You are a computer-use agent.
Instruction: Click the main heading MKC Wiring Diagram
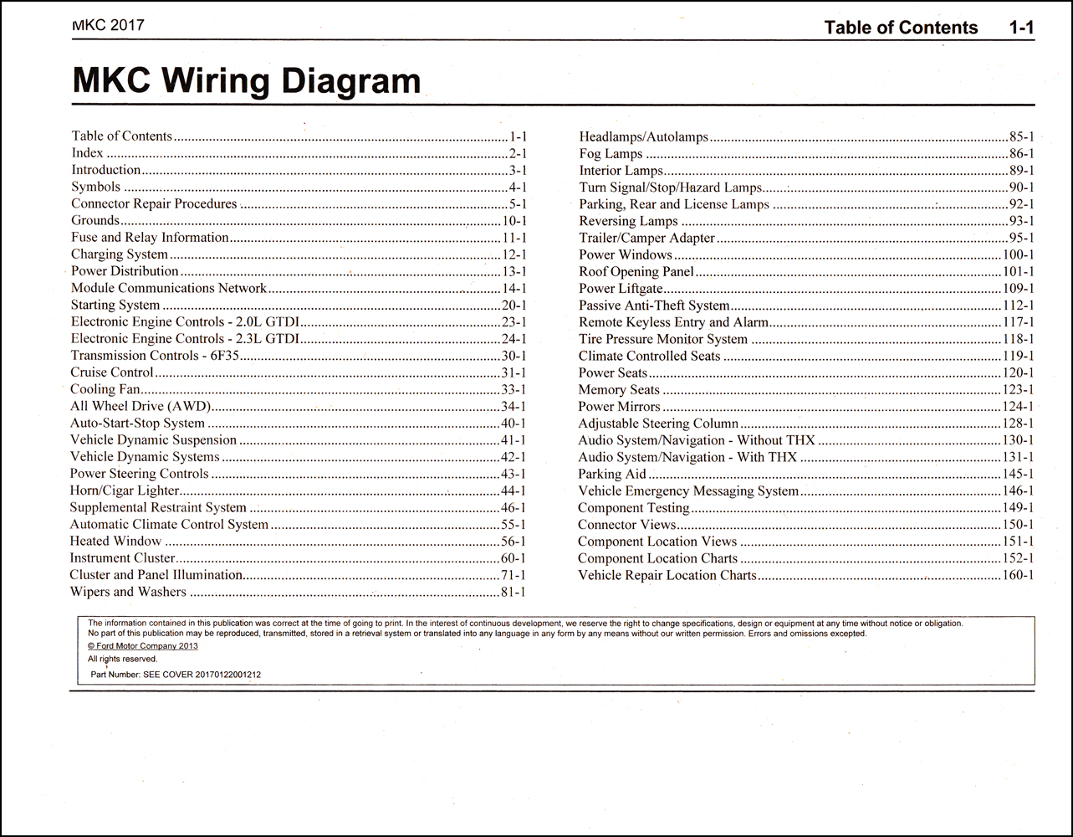[247, 81]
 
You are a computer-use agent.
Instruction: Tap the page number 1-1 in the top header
[1021, 28]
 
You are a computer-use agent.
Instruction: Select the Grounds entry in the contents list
[95, 221]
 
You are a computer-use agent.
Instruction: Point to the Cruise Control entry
[112, 372]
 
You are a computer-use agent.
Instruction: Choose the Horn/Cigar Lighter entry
[125, 490]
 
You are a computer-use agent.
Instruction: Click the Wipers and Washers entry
[128, 592]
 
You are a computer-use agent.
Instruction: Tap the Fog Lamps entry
[611, 154]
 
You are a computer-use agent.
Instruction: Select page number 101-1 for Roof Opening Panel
[1018, 272]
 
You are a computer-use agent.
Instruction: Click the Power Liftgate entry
[621, 289]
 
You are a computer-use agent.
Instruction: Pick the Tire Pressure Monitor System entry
[663, 339]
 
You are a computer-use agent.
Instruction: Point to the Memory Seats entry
[619, 390]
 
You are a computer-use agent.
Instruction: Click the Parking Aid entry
[612, 475]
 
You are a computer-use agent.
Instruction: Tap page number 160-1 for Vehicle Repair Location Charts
[1018, 576]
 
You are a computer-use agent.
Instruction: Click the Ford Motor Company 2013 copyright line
[143, 646]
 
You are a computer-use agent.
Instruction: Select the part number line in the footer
[175, 674]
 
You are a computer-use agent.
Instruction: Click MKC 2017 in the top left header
[108, 25]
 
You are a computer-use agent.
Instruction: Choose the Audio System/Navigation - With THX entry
[687, 457]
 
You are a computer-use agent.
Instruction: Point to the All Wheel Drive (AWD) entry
[140, 406]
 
